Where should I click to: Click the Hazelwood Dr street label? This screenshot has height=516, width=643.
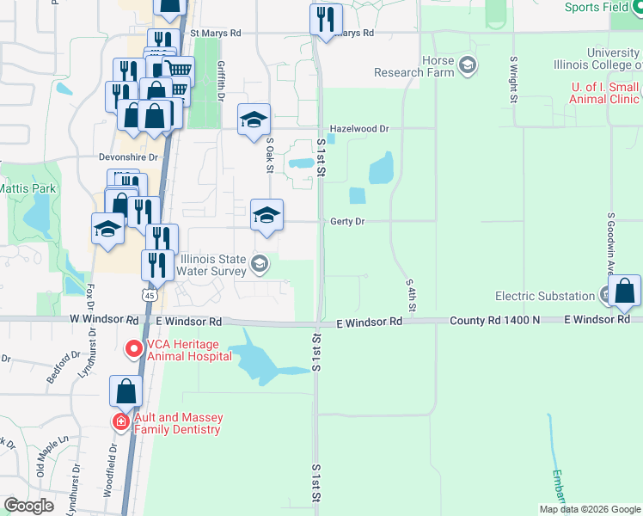pos(359,129)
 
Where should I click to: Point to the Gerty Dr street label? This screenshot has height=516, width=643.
pos(347,222)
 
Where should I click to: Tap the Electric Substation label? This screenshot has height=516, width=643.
pos(545,296)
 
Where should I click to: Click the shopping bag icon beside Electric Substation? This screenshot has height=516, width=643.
pos(624,292)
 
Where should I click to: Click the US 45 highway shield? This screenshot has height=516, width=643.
pos(150,294)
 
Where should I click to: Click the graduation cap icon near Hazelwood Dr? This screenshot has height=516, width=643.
pos(254,120)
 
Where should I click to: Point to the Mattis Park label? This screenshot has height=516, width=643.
pos(27,187)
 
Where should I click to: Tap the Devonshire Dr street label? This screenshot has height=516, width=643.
pos(131,157)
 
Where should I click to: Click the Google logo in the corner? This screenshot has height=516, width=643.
pos(29,506)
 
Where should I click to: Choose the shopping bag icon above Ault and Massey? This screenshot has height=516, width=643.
pos(126,391)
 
